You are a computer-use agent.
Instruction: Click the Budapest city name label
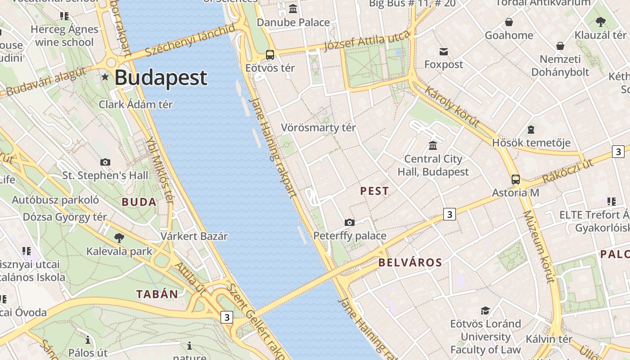(161, 78)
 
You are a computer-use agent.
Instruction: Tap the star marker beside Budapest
(105, 77)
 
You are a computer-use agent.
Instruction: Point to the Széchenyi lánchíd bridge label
(190, 40)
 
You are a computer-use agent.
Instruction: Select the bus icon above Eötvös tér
(270, 55)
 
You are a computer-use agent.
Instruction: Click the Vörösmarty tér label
(318, 128)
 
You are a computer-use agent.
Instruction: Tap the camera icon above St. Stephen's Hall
(105, 162)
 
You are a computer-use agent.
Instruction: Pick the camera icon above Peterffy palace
(349, 222)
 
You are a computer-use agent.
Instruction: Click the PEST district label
(374, 191)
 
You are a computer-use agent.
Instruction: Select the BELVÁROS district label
(410, 263)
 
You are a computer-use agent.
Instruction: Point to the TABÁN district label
(157, 295)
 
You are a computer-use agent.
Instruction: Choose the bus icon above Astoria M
(516, 180)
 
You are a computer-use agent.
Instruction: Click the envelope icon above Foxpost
(444, 51)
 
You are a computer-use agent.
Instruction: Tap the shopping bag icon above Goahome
(509, 22)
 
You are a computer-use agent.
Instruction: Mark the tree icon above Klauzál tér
(600, 22)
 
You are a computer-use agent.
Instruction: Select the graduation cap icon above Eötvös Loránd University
(485, 310)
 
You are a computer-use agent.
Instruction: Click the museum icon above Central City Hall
(433, 145)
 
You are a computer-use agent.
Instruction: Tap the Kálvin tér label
(549, 339)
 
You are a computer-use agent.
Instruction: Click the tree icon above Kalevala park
(119, 238)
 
